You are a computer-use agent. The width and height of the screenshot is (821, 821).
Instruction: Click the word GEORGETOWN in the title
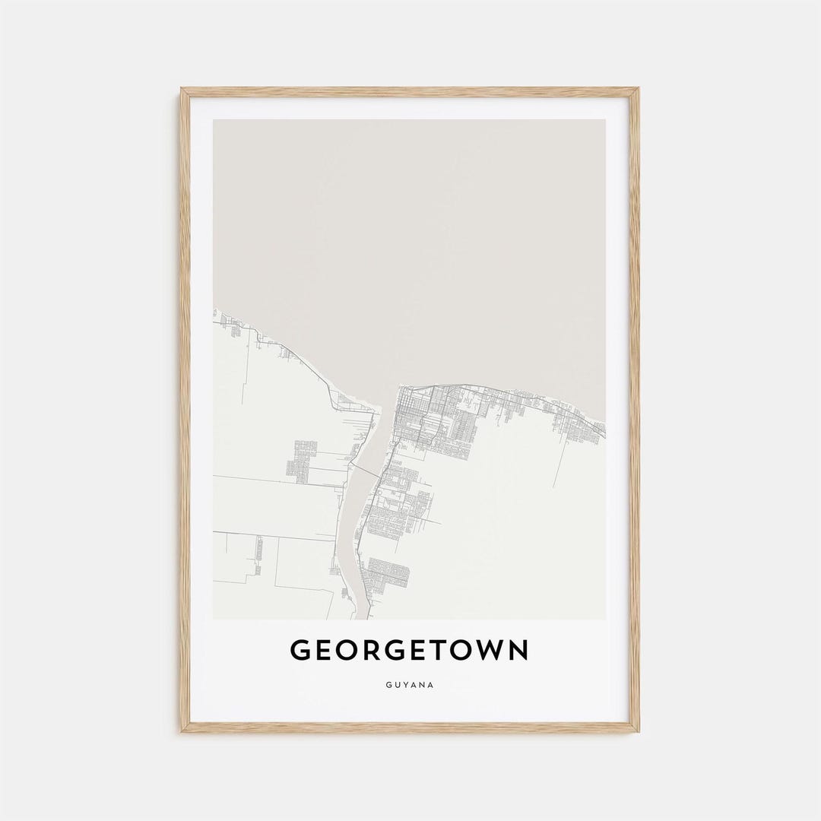click(410, 651)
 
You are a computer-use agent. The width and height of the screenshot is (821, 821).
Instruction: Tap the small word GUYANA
click(410, 685)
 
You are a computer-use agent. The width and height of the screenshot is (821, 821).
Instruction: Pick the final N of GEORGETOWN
click(518, 651)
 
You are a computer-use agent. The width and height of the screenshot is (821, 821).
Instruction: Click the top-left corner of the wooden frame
click(182, 90)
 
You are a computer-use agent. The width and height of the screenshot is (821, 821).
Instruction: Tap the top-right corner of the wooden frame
click(638, 90)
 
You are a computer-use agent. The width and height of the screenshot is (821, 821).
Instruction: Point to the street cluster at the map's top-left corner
click(228, 323)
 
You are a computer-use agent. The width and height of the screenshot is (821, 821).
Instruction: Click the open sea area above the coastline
click(410, 243)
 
